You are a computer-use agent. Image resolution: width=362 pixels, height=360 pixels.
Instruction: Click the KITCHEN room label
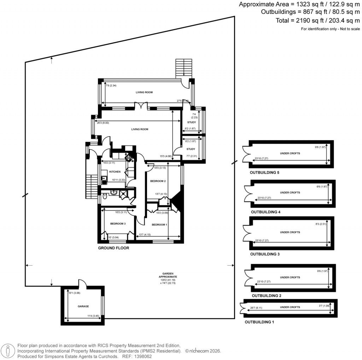pos(115,172)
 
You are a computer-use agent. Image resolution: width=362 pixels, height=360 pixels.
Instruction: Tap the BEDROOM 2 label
pos(158,181)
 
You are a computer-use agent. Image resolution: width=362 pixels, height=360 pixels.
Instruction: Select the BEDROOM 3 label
pos(118,223)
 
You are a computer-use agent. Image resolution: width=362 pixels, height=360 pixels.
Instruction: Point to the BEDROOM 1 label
pos(159,225)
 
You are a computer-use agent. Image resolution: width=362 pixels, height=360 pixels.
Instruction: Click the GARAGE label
pos(83,306)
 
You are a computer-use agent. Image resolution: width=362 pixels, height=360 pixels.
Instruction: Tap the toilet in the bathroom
pos(105,196)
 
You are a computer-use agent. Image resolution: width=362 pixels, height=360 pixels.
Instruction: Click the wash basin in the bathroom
pos(114,192)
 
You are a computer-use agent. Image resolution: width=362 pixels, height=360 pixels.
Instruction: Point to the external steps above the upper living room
pos(183,67)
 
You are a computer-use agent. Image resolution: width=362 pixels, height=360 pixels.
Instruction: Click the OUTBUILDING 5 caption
pos(263,173)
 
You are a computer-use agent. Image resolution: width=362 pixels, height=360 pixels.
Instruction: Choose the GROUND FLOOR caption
pos(113,248)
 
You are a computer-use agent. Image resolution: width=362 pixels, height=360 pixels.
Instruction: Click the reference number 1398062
pos(145,357)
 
